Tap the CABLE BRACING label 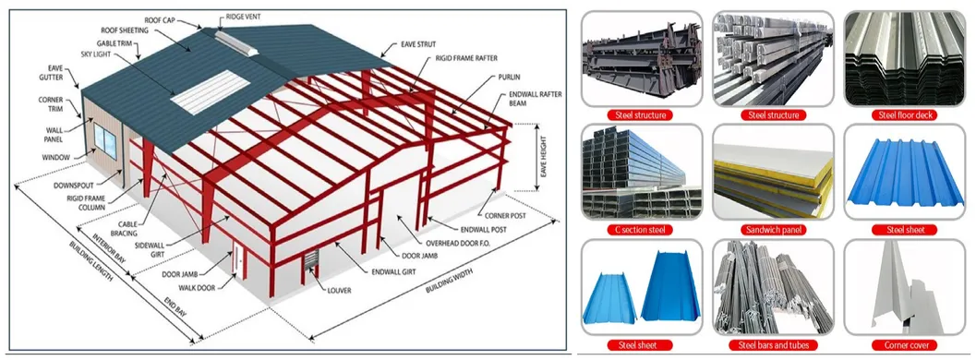123,228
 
